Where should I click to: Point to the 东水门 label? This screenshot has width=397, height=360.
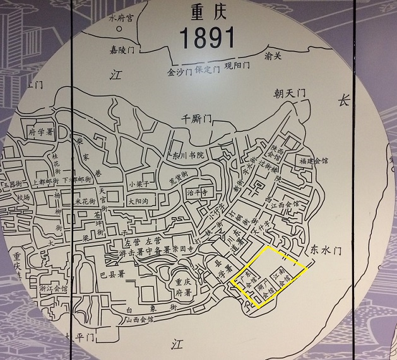coord(326,250)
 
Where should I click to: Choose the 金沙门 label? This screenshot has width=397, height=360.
coord(179,71)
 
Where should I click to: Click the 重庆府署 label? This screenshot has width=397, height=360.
coord(184,287)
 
